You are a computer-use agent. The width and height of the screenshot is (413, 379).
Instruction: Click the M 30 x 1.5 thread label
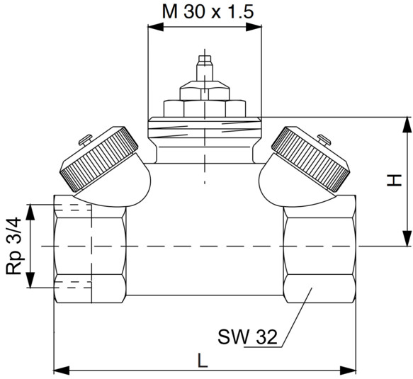point(208,11)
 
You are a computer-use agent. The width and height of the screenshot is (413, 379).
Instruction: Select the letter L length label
point(203,361)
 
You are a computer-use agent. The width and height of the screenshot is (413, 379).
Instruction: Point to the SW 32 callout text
point(248,336)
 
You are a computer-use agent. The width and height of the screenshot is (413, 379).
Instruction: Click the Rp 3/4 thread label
point(13,246)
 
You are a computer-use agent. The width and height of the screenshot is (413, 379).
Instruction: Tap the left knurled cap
point(100,159)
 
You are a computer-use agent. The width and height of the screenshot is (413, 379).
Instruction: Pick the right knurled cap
point(311,159)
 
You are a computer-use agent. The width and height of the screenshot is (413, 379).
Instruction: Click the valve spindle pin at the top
point(205,68)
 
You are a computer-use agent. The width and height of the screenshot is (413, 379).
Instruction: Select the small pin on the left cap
point(86,140)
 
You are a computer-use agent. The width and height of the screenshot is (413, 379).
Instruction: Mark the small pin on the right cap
point(324,140)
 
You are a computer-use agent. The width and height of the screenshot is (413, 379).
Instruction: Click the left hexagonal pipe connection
point(90,249)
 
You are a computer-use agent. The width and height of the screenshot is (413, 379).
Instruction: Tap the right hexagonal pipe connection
point(319,249)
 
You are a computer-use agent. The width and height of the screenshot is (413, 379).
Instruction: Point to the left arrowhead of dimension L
point(62,370)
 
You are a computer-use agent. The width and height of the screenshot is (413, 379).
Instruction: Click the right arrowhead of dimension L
point(349,370)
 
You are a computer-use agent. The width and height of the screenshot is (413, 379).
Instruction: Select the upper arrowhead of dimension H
point(407,125)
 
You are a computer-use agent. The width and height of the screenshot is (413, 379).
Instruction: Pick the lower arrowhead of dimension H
point(407,239)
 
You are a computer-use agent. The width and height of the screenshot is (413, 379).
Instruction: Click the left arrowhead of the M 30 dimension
point(156,26)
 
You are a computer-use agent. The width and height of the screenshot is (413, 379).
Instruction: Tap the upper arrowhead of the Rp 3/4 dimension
point(30,212)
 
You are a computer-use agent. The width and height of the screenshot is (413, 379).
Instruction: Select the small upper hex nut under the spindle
point(205,91)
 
